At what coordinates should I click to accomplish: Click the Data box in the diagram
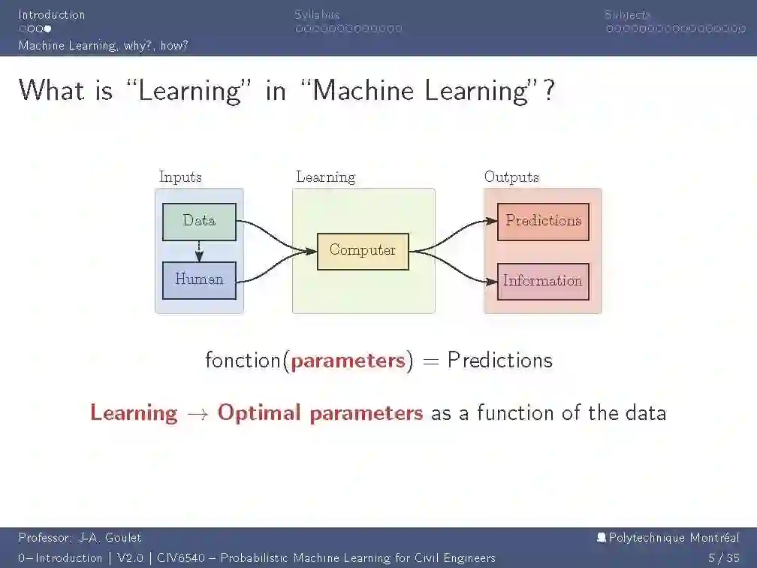[x=199, y=222]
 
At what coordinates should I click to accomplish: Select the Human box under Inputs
[x=199, y=280]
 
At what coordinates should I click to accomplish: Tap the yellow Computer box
[x=363, y=251]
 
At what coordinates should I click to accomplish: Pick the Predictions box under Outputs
[x=543, y=222]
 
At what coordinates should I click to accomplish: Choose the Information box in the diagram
[x=543, y=281]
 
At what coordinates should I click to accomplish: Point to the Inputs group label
[x=180, y=177]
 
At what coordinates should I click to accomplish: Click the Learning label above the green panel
[x=325, y=177]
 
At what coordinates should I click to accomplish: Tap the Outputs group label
[x=511, y=177]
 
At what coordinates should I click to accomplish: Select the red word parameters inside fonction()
[x=348, y=361]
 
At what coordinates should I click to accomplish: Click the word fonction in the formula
[x=243, y=361]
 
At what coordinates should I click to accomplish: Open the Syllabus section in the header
[x=317, y=14]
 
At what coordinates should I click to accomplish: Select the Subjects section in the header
[x=628, y=14]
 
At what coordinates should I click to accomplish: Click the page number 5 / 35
[x=724, y=558]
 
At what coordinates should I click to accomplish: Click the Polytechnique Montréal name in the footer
[x=673, y=538]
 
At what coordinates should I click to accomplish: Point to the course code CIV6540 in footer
[x=179, y=558]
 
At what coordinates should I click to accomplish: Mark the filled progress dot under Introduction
[x=47, y=29]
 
